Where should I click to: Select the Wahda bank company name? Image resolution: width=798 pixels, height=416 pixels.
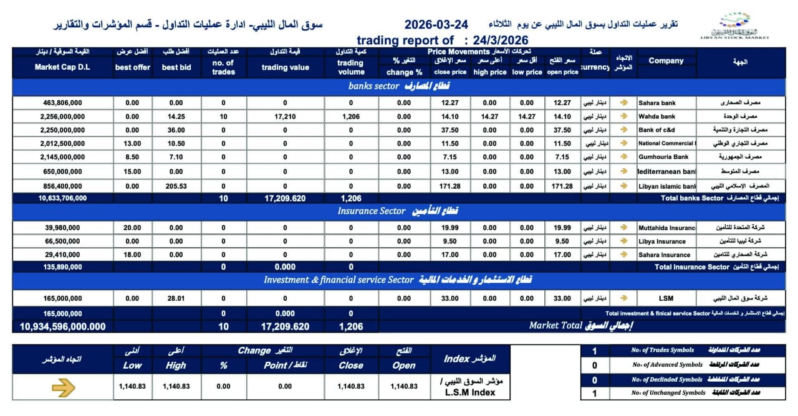click(x=656, y=116)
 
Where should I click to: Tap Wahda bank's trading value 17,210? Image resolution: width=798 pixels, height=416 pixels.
click(x=285, y=116)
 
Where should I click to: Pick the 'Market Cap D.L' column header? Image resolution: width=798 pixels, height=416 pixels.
click(x=62, y=67)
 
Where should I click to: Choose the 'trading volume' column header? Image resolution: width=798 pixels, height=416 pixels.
click(x=350, y=67)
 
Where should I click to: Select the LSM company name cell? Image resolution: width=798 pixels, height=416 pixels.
click(x=665, y=299)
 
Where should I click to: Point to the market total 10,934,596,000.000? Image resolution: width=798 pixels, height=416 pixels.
click(x=62, y=326)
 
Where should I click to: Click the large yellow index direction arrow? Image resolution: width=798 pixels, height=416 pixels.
click(x=63, y=388)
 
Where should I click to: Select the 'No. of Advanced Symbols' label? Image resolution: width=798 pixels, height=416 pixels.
click(x=667, y=365)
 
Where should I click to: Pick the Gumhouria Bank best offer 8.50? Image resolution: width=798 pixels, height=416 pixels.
click(x=132, y=158)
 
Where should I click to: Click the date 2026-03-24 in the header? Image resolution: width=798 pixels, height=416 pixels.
click(x=436, y=25)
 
